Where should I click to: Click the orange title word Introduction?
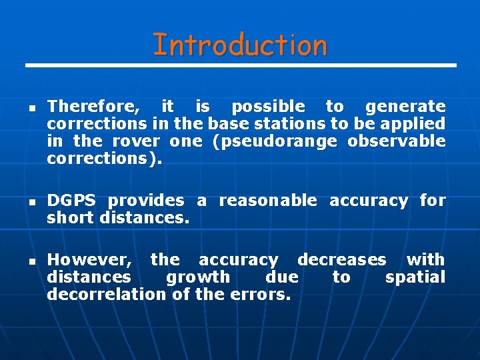(x=240, y=45)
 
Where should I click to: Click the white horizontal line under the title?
(x=240, y=65)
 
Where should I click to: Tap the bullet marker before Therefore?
(x=32, y=107)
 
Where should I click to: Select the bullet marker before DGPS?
(x=32, y=201)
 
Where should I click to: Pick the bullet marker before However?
(x=32, y=261)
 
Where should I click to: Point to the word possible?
(x=267, y=107)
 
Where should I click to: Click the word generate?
(x=405, y=107)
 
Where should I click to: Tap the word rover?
(x=136, y=141)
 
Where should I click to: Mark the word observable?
(x=397, y=141)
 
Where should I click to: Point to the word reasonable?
(x=268, y=201)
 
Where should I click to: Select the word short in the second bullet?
(x=71, y=218)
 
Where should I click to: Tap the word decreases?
(x=341, y=260)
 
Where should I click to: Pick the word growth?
(x=197, y=277)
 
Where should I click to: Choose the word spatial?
(x=415, y=277)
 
